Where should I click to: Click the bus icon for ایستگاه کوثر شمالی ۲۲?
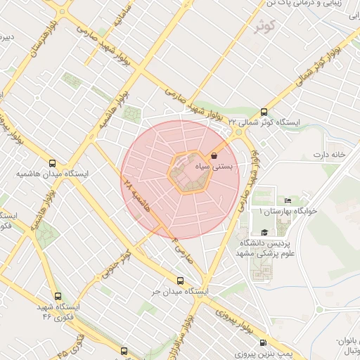pyautogui.click(x=264, y=111)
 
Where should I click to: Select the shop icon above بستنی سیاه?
pyautogui.click(x=214, y=155)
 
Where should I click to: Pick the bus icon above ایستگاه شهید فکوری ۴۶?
pyautogui.click(x=57, y=296)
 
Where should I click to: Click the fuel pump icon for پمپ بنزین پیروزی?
pyautogui.click(x=263, y=343)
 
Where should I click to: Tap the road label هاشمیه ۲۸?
pyautogui.click(x=137, y=196)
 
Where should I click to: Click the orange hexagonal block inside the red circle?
pyautogui.click(x=189, y=172)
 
